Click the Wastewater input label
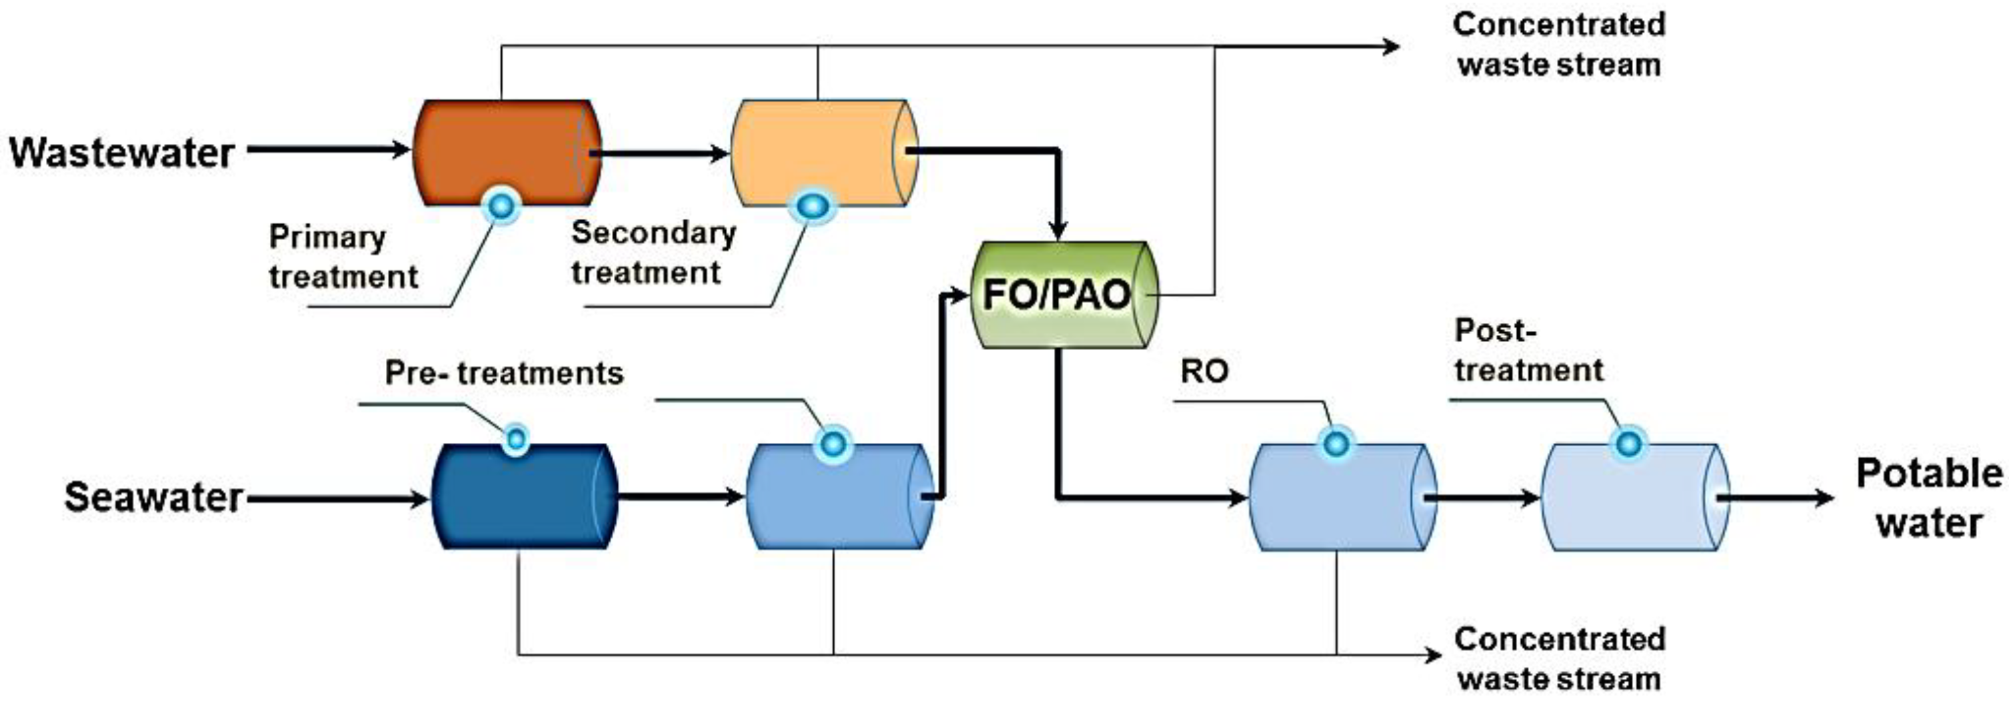[x=122, y=153]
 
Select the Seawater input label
[x=153, y=498]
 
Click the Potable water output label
[x=1928, y=498]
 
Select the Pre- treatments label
[x=504, y=373]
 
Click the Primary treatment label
[x=343, y=257]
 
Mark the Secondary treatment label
[x=653, y=253]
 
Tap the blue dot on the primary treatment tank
[x=501, y=207]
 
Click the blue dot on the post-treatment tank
[x=1628, y=444]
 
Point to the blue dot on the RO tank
[x=1336, y=444]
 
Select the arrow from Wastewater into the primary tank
[x=327, y=149]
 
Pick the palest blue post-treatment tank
[x=1634, y=498]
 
